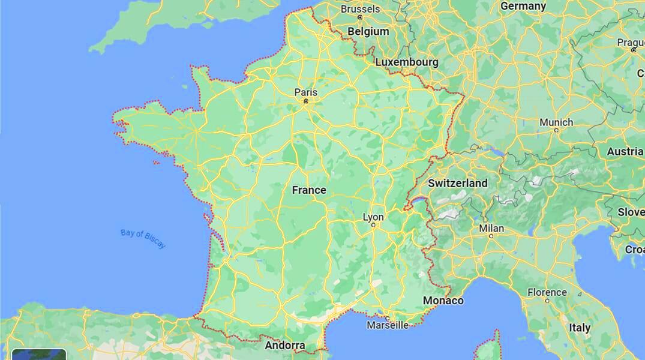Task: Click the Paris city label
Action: (305, 92)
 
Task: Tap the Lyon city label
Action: (373, 217)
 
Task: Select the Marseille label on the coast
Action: (388, 325)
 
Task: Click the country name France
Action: (309, 190)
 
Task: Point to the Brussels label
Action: (360, 9)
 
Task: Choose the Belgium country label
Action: (368, 31)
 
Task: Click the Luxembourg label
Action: (406, 62)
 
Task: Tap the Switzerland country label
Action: (458, 183)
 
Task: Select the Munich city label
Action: (556, 122)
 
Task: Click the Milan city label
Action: (491, 229)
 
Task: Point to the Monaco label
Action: (443, 301)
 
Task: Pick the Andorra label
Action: (285, 346)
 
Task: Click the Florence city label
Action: (547, 292)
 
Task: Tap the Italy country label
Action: (580, 328)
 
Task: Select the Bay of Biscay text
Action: (143, 239)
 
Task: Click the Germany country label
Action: (523, 7)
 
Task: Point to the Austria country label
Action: (625, 152)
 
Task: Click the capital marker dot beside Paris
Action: (305, 101)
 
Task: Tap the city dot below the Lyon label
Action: (373, 225)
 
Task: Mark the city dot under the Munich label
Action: (556, 130)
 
